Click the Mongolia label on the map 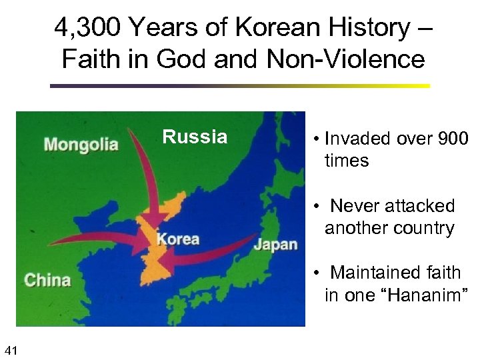[x=81, y=144]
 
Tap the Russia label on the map [x=195, y=137]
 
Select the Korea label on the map [x=178, y=239]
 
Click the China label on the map [x=47, y=279]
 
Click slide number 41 [x=11, y=349]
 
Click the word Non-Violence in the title [x=345, y=59]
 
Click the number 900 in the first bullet [x=453, y=139]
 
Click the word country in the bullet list [x=419, y=228]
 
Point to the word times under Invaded [x=347, y=161]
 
